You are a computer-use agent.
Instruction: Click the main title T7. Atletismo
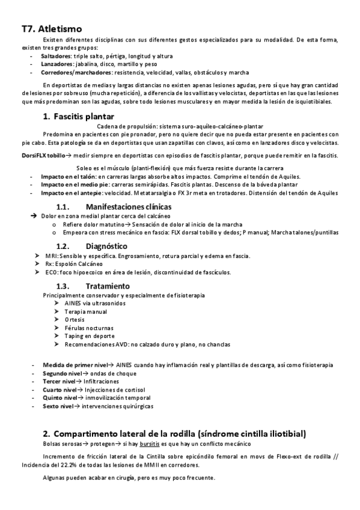52,28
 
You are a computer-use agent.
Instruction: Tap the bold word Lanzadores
58,63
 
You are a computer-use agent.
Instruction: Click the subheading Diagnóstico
106,246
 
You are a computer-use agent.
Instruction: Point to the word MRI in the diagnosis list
50,256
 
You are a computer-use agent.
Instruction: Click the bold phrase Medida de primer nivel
75,365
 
